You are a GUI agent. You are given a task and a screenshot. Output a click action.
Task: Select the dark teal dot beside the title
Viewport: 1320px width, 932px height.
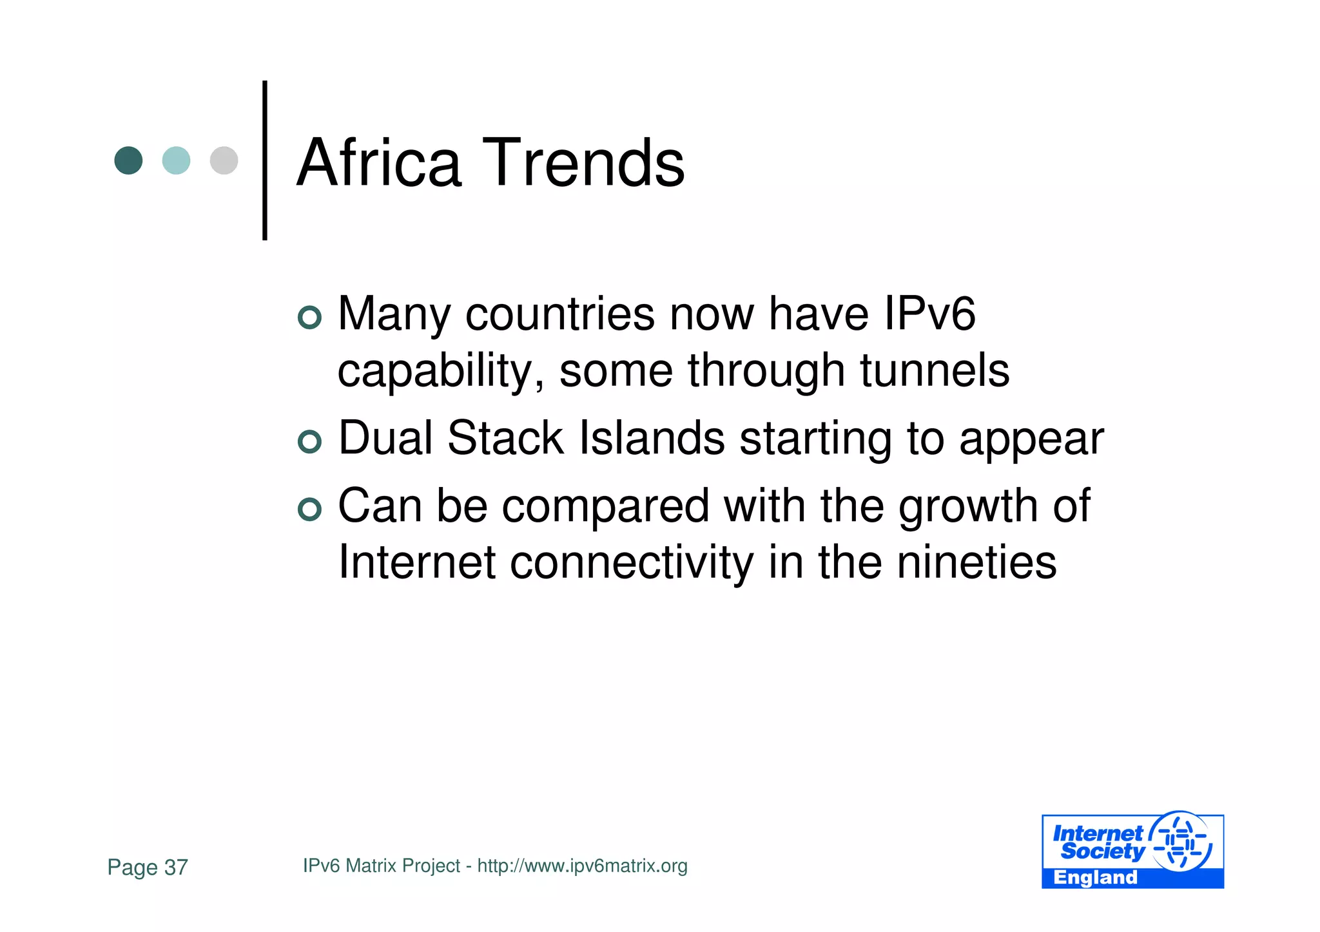click(x=128, y=160)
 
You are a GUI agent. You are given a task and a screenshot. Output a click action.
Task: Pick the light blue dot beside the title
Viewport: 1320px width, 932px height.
click(x=176, y=160)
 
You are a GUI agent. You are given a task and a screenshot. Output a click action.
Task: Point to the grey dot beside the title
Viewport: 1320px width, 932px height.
click(x=224, y=160)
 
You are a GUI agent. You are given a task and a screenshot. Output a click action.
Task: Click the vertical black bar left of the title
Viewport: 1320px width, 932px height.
click(x=265, y=160)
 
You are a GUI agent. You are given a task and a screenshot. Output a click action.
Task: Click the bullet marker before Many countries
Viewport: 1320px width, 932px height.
click(x=310, y=317)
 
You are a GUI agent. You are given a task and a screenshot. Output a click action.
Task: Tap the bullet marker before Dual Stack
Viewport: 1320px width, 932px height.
click(x=310, y=441)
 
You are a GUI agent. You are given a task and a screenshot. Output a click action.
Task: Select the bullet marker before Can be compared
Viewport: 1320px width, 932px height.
click(x=310, y=509)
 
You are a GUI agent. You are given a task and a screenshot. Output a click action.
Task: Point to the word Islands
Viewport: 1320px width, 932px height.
click(x=652, y=438)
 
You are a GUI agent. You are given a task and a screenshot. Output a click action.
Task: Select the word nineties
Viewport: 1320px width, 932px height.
click(x=976, y=562)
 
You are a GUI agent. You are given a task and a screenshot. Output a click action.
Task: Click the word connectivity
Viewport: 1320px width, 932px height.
click(x=632, y=562)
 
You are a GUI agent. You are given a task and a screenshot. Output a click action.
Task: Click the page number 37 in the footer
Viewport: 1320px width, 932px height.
click(x=176, y=868)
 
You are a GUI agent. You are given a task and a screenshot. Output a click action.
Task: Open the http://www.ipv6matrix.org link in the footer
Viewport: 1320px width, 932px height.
click(x=582, y=866)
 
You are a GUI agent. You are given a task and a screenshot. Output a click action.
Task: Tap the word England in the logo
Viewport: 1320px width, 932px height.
click(x=1095, y=878)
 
